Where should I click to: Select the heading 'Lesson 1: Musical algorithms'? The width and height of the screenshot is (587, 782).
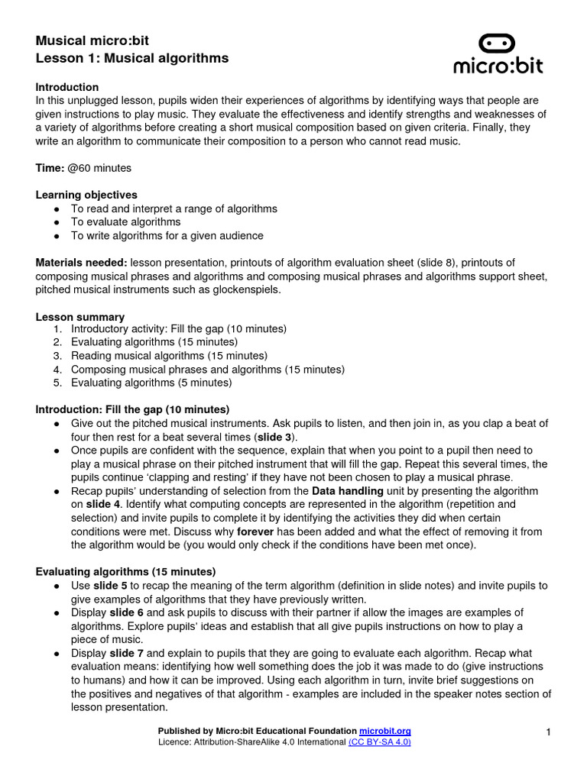coord(131,58)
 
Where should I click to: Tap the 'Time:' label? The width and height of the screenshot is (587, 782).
coord(50,167)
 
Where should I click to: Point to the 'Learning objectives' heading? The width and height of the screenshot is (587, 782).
coord(86,195)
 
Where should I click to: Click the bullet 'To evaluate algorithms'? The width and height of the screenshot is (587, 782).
coord(125,222)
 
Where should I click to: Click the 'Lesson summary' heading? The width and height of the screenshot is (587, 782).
coord(79,317)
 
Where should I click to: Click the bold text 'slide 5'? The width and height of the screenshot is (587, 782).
coord(111,586)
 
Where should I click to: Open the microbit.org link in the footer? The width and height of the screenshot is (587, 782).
coord(385,732)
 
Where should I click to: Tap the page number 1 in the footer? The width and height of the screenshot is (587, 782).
coord(549,733)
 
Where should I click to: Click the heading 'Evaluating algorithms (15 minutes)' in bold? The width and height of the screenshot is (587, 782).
coord(125,571)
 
